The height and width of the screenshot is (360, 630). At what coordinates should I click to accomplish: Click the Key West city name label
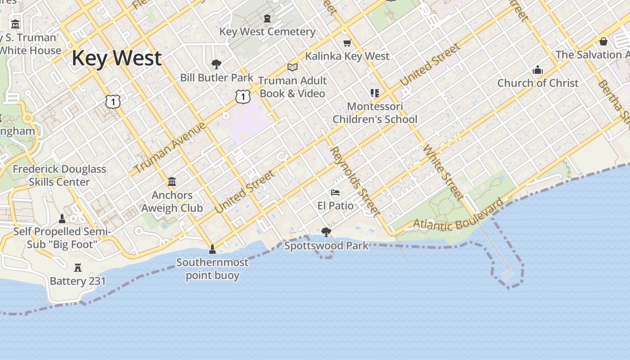117,58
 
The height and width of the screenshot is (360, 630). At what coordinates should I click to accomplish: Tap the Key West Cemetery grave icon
267,19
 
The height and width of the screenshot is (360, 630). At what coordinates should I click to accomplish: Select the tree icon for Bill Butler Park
216,64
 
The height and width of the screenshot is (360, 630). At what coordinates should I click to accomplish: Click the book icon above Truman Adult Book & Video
292,67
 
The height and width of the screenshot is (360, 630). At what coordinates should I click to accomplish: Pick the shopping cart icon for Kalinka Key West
347,43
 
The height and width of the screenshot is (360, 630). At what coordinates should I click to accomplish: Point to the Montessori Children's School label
375,113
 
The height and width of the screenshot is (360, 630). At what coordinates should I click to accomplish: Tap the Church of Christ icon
538,70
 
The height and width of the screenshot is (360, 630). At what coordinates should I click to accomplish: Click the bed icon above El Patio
335,193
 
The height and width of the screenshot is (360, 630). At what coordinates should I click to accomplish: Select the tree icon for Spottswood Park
326,232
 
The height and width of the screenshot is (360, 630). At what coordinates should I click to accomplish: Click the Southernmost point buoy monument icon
212,249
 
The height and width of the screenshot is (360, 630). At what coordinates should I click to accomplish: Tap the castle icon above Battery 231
78,268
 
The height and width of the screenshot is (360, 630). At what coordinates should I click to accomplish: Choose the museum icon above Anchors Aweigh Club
172,182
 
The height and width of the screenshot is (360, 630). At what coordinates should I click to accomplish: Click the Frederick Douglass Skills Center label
59,175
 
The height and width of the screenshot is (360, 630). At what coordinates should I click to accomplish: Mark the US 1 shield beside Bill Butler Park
243,96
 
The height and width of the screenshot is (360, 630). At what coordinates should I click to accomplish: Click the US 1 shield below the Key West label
113,102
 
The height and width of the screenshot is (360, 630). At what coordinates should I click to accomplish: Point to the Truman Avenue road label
170,148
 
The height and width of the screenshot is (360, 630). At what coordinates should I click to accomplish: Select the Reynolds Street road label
355,181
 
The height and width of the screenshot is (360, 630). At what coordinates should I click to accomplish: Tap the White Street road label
443,172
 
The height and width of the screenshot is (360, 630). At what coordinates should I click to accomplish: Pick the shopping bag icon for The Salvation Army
603,41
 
